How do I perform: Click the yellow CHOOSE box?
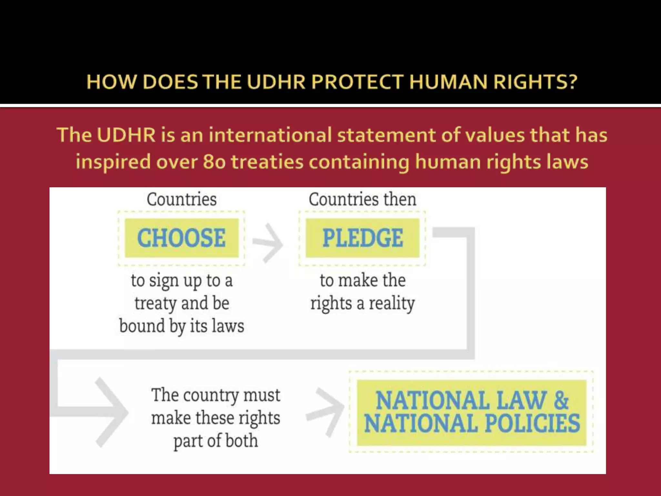pos(181,238)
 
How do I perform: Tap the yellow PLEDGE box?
pos(362,238)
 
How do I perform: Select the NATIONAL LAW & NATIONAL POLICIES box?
pos(471,412)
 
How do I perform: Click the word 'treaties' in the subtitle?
pos(267,162)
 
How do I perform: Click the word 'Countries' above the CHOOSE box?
pos(182,199)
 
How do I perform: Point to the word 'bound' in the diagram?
pos(142,326)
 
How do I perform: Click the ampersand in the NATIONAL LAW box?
pos(561,400)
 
